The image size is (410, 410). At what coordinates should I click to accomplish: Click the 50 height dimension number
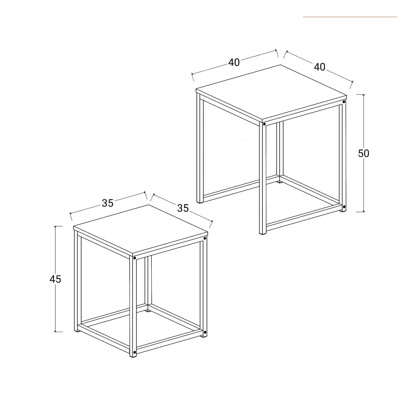(x=363, y=153)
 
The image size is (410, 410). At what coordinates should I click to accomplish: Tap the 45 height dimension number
(x=55, y=279)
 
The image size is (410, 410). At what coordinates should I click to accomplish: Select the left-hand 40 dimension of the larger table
(x=234, y=62)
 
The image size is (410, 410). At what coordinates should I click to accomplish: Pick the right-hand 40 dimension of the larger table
(x=320, y=67)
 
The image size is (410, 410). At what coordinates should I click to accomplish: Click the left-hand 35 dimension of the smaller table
(x=108, y=203)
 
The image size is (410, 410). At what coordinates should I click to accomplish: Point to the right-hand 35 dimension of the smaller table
(x=183, y=208)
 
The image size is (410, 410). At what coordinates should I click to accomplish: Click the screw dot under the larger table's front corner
(x=264, y=124)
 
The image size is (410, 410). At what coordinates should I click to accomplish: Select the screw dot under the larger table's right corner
(x=344, y=102)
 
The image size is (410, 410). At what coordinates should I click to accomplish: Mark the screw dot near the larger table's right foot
(x=344, y=207)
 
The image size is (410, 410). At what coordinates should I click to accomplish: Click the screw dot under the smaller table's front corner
(x=135, y=258)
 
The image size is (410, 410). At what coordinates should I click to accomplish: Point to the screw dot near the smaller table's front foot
(x=135, y=352)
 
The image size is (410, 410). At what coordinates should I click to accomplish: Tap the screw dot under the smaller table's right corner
(x=205, y=239)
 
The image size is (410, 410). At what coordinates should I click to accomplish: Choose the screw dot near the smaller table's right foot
(x=205, y=332)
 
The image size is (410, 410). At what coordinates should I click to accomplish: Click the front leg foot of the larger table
(x=263, y=233)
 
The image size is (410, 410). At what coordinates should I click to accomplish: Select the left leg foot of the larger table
(x=200, y=202)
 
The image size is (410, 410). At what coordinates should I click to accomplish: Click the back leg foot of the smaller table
(x=148, y=311)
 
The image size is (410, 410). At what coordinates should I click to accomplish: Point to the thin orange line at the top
(x=350, y=17)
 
